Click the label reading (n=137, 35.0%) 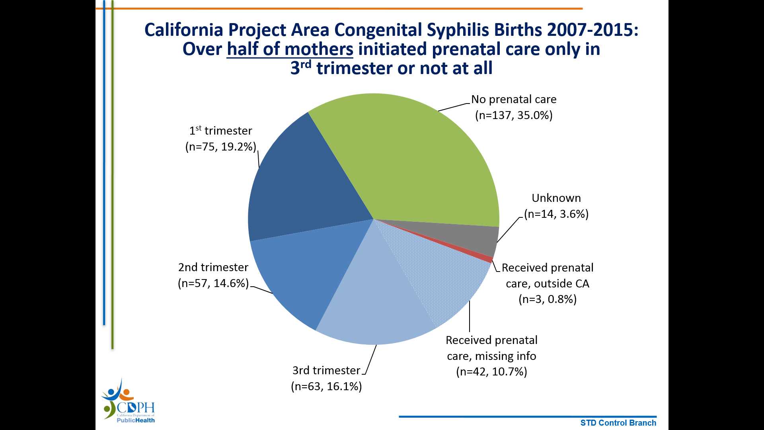(514, 115)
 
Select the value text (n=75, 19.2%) (220, 147)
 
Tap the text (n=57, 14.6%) (213, 283)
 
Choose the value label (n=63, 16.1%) (326, 387)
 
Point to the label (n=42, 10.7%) (491, 372)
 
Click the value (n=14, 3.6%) (556, 214)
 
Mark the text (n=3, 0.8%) (548, 299)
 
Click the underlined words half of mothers (290, 49)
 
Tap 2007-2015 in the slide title (592, 30)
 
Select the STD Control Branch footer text (618, 423)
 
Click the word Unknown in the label (556, 198)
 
